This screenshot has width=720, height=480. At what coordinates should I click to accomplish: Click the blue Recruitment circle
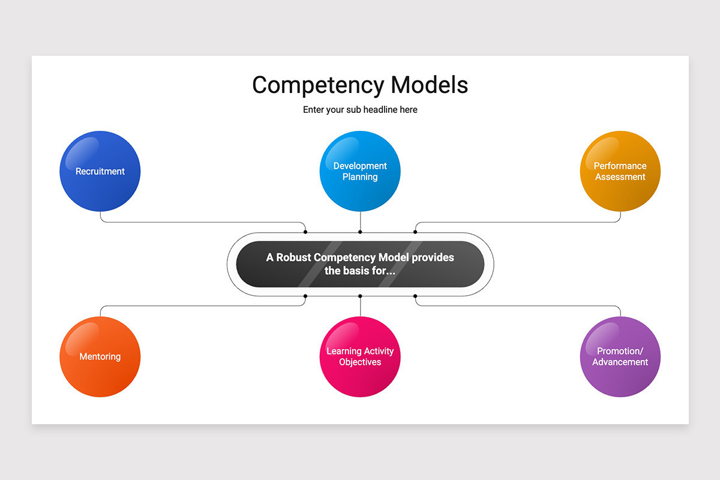point(100,171)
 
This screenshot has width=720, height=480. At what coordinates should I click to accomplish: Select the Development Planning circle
point(360,171)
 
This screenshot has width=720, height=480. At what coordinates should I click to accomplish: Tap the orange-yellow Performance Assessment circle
point(620,171)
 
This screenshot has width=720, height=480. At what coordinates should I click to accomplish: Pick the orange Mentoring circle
point(100,356)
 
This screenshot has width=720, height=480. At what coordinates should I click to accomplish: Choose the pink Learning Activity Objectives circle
point(360,356)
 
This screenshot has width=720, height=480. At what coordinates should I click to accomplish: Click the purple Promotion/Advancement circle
point(620,356)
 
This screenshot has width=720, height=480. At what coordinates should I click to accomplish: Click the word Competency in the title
point(318,85)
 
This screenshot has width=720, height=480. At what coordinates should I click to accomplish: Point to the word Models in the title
point(430,85)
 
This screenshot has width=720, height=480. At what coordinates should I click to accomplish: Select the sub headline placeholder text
point(360,110)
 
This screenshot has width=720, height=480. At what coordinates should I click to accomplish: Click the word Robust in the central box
point(293,257)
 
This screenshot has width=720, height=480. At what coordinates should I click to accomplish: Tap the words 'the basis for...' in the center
point(360,271)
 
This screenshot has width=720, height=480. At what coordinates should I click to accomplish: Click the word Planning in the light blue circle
point(360,177)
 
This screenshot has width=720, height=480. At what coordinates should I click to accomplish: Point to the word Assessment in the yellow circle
point(620,177)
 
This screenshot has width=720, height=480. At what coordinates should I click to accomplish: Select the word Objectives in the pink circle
point(360,362)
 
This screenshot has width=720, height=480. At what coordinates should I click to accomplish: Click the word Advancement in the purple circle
point(620,362)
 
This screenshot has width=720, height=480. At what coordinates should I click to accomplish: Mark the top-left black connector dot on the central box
point(305,232)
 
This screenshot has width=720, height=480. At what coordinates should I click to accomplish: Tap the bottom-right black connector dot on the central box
point(415,296)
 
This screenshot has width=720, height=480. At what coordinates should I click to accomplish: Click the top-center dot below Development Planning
point(360,232)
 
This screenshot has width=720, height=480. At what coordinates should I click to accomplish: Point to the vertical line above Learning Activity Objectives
point(360,307)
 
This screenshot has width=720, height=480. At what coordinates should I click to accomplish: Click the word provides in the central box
point(433,257)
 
